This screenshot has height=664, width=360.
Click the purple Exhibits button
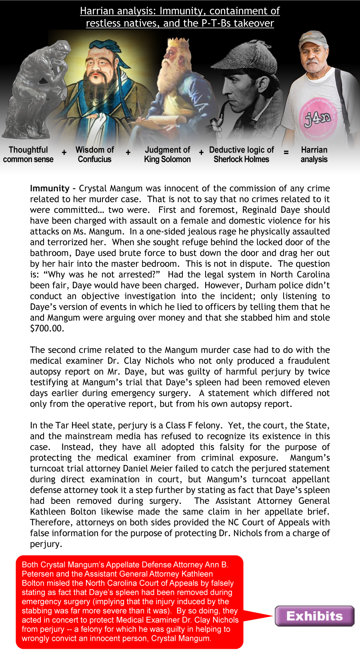tap(314, 616)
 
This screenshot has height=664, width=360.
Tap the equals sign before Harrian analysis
tap(286, 152)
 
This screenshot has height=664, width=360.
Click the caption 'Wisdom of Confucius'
tap(95, 154)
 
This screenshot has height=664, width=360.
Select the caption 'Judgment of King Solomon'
tap(167, 154)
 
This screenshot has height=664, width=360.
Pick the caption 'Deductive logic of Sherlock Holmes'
tap(241, 154)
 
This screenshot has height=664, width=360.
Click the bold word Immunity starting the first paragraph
tap(50, 189)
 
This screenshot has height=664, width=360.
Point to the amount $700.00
tap(47, 329)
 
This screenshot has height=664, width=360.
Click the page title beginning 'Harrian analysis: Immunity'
tap(180, 17)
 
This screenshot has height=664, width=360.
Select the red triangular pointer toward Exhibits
tap(256, 616)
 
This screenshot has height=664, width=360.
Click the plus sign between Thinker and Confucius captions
tap(64, 152)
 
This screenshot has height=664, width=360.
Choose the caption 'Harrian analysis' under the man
tap(314, 154)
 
